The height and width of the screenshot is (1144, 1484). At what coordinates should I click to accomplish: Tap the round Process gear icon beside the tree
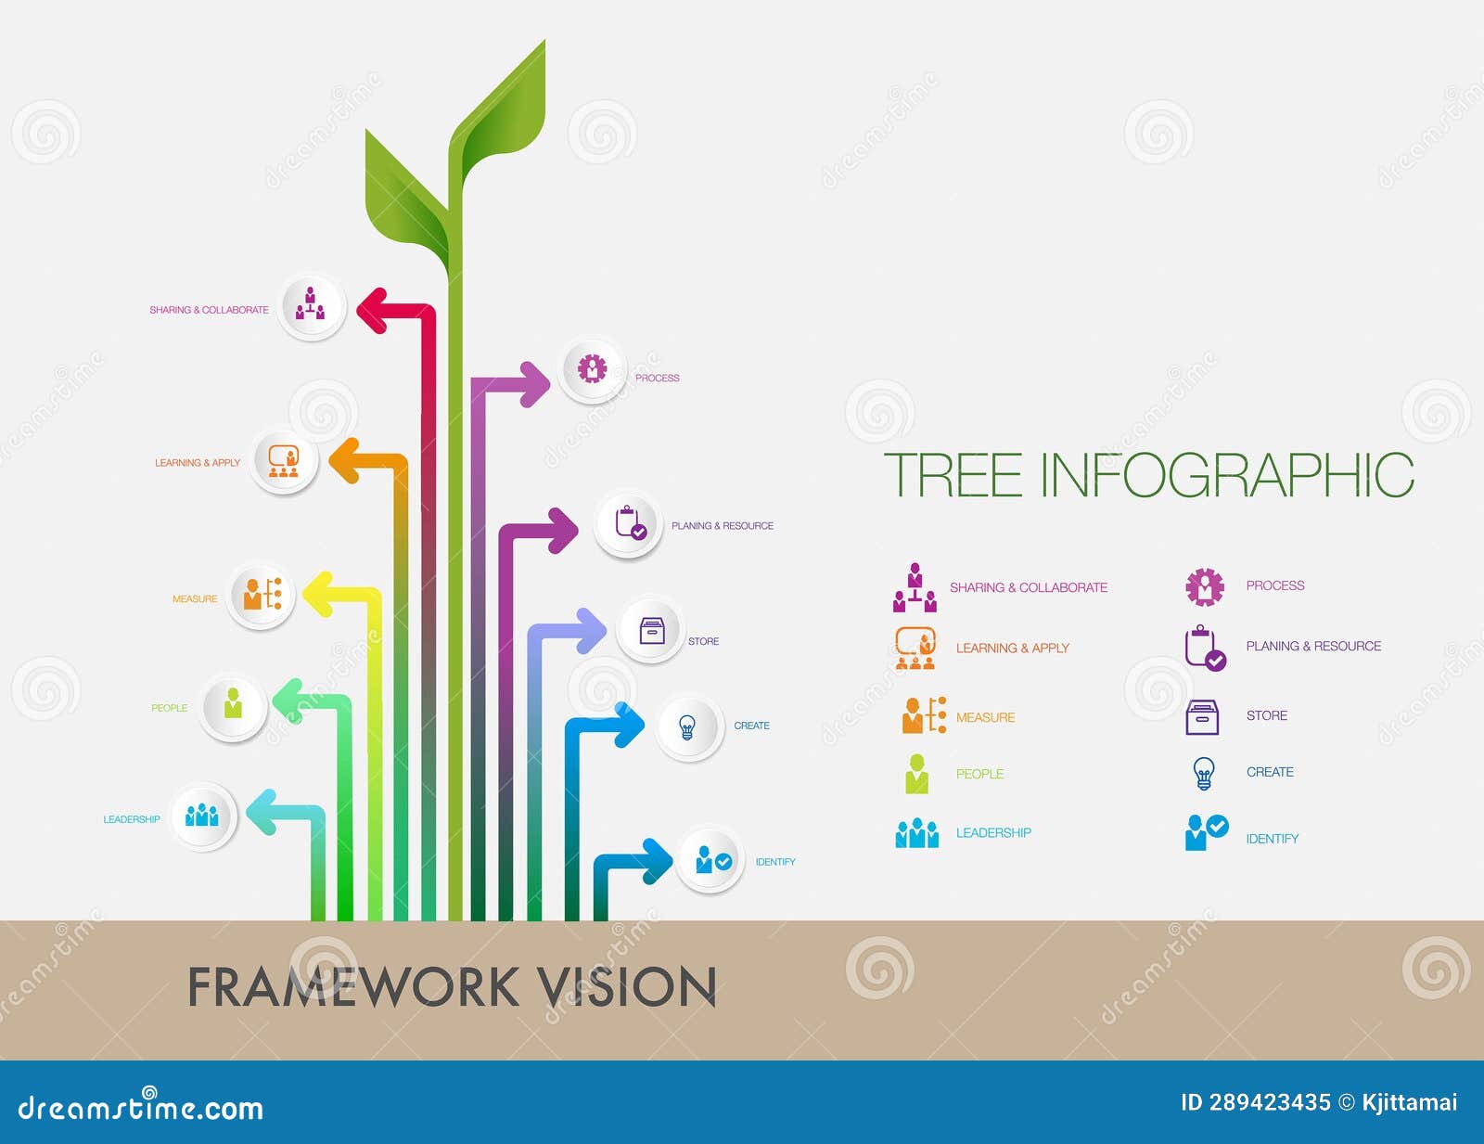click(593, 369)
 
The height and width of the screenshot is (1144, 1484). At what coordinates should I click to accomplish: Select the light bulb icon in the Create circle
click(687, 726)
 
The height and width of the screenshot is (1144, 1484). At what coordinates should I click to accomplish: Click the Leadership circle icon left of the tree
click(202, 816)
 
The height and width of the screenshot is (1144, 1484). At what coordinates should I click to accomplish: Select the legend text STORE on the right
click(1266, 715)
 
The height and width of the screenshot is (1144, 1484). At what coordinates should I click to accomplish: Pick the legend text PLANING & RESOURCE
click(1313, 646)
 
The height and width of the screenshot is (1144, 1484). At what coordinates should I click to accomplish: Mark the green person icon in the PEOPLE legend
click(916, 774)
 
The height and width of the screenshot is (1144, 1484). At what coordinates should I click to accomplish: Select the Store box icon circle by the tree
click(652, 631)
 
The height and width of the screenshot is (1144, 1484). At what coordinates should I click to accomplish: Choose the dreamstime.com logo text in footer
click(140, 1107)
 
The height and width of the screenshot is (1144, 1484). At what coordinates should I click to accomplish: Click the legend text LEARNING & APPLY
click(1012, 648)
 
